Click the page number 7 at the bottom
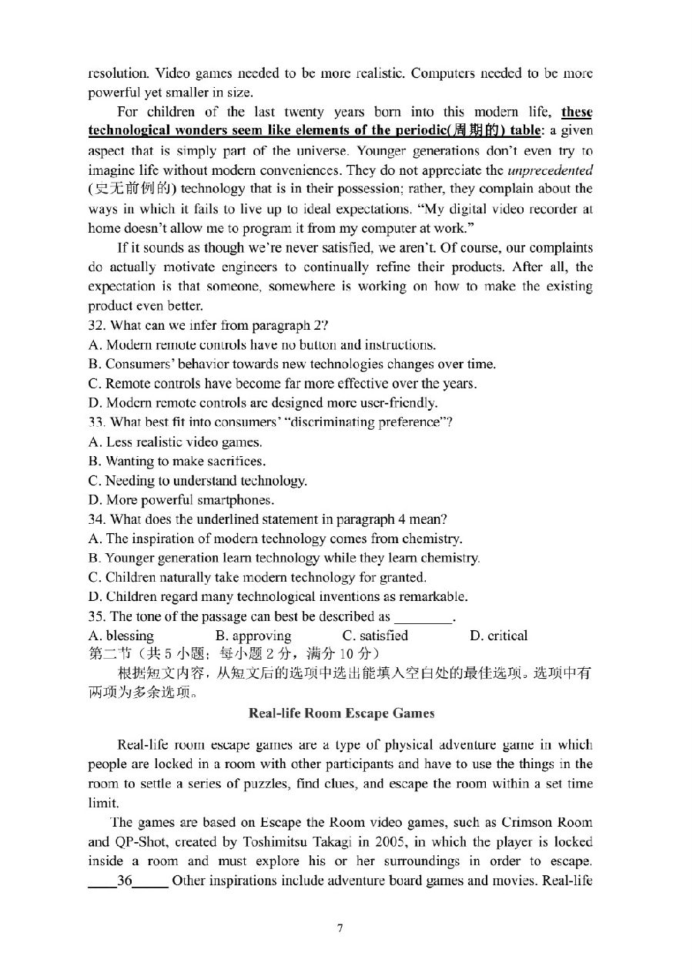pos(340,927)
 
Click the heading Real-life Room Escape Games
pos(341,713)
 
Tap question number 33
pos(96,422)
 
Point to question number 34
pos(96,519)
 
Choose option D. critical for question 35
pos(497,636)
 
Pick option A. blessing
pos(122,636)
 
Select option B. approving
pos(253,636)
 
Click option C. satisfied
pos(375,636)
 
